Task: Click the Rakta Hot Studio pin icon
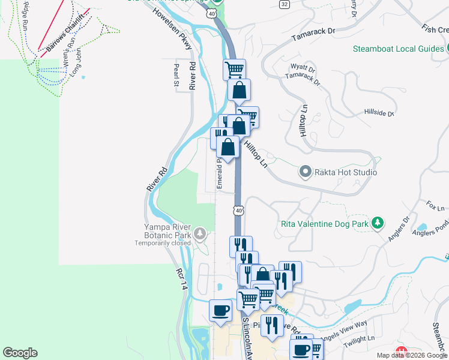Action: pos(306,172)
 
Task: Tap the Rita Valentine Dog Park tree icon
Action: pos(377,223)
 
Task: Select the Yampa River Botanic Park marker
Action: pos(200,232)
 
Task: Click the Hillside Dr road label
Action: pos(379,112)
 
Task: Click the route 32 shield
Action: pos(284,4)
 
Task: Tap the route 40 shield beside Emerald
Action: pos(239,211)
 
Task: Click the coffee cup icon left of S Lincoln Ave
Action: pos(220,311)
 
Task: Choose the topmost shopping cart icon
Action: pos(234,68)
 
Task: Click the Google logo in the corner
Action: pos(20,353)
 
